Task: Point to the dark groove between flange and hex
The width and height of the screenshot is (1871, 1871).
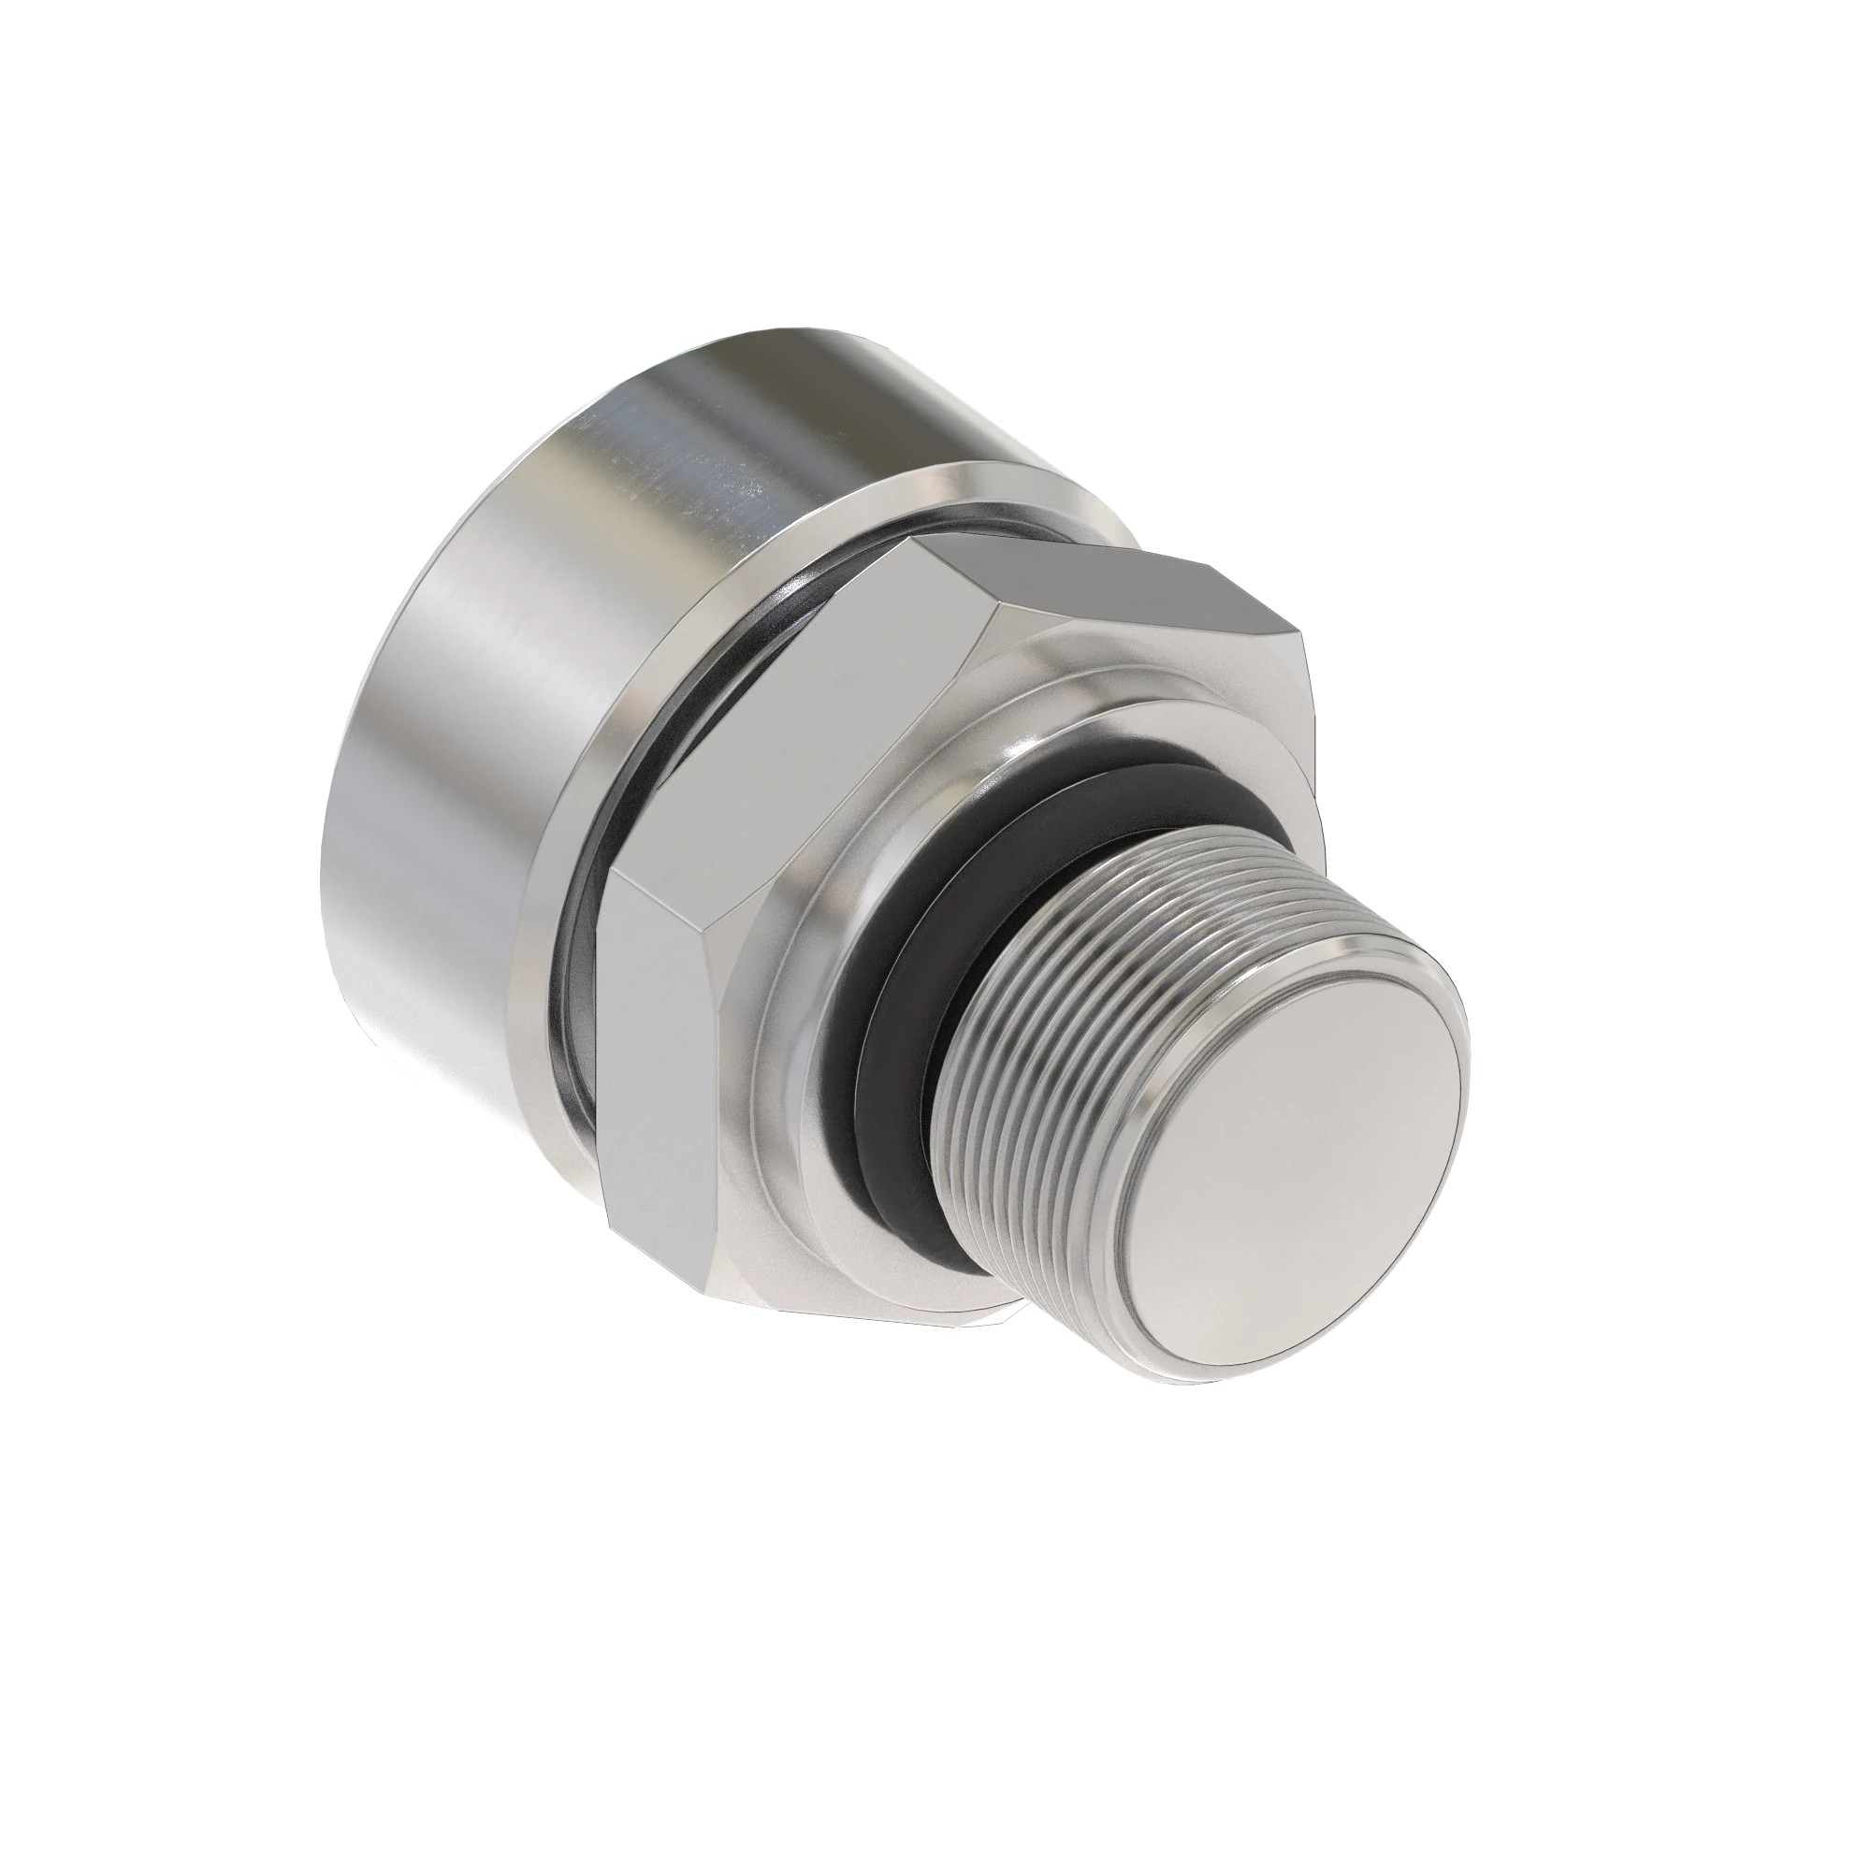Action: (x=572, y=1008)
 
